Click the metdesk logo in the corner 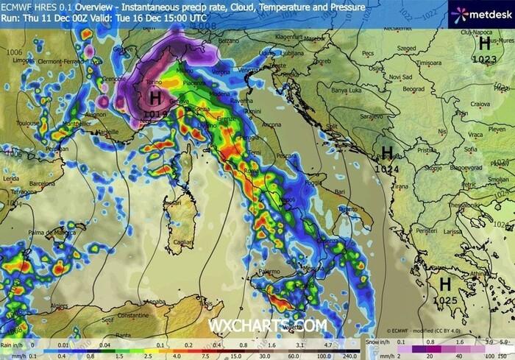point(477,13)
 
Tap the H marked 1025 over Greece point(445,284)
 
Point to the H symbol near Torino point(155,97)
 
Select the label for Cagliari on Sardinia point(180,241)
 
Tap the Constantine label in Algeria point(114,315)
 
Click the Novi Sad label point(400,77)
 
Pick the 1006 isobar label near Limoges point(13,53)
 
